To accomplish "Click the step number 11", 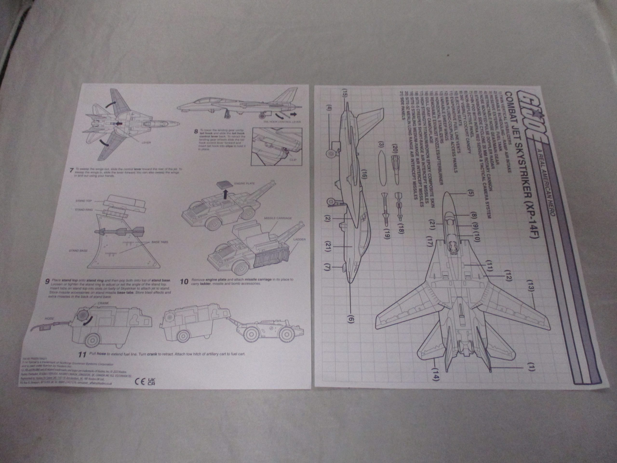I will pyautogui.click(x=82, y=355).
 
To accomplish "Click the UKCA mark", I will pyautogui.click(x=151, y=381).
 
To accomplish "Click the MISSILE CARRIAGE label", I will pyautogui.click(x=278, y=218).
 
